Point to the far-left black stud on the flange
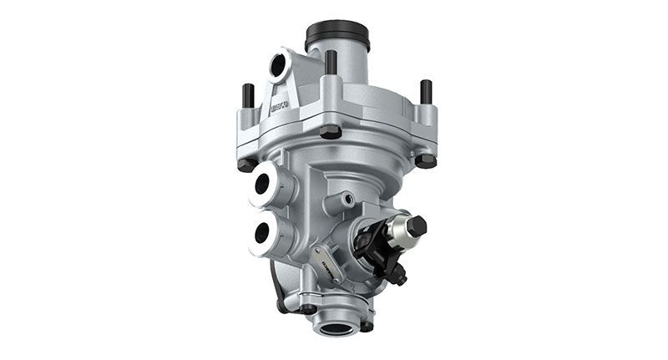click(247, 95)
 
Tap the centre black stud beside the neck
click(331, 63)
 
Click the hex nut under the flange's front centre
click(331, 132)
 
